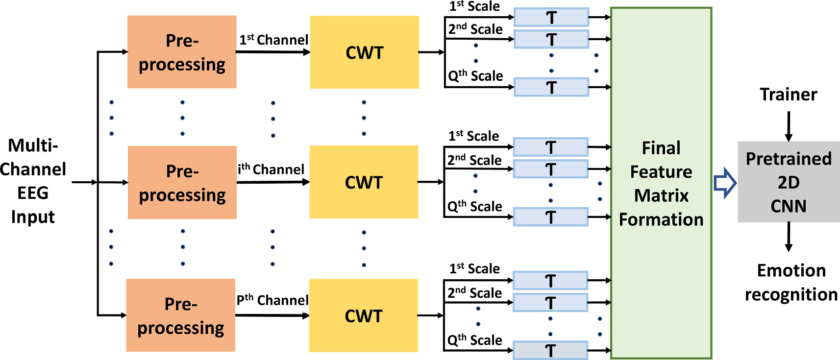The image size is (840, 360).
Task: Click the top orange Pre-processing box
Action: (x=182, y=52)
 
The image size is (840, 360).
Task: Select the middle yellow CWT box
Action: (x=364, y=182)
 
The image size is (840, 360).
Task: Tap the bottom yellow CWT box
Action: (x=363, y=315)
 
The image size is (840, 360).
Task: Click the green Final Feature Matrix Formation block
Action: (x=661, y=183)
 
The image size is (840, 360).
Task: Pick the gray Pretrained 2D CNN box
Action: (x=788, y=182)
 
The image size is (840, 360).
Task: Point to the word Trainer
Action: (x=788, y=94)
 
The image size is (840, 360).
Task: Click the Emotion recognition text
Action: (x=791, y=283)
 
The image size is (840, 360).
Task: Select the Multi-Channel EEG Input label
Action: (x=33, y=181)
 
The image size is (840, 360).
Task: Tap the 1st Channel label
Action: (x=273, y=40)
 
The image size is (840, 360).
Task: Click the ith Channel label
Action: (x=271, y=169)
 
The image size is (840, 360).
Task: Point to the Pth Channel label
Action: (x=272, y=300)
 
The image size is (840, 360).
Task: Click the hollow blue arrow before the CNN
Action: (x=725, y=183)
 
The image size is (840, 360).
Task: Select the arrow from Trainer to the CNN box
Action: (x=789, y=126)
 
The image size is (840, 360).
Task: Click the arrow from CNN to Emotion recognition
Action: (x=789, y=237)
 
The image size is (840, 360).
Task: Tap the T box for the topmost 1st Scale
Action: (x=551, y=17)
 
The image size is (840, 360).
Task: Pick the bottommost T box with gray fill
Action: (x=550, y=350)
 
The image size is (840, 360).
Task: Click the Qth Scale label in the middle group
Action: (x=474, y=206)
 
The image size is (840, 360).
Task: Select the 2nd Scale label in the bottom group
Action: (x=474, y=293)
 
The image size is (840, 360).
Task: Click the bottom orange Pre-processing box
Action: (x=180, y=315)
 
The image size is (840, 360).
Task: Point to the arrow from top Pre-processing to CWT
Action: (x=272, y=52)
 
